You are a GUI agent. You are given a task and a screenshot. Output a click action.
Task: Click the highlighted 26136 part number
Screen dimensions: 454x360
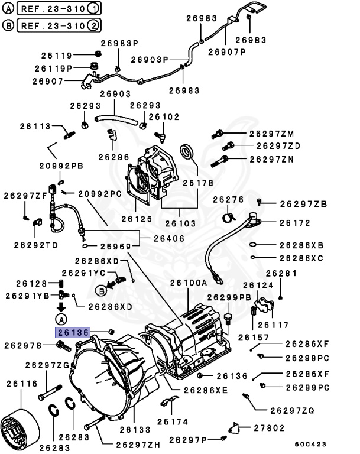(73, 333)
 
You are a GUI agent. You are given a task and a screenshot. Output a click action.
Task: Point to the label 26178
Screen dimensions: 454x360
(197, 183)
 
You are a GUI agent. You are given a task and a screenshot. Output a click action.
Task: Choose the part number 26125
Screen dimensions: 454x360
(137, 219)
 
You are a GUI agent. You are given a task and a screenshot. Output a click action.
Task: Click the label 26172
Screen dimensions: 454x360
(294, 223)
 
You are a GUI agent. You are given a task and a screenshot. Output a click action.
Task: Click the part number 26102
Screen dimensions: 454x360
(164, 117)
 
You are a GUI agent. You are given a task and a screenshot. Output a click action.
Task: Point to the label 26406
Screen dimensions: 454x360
(168, 238)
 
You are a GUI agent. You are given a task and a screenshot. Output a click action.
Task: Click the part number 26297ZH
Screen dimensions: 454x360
(137, 444)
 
